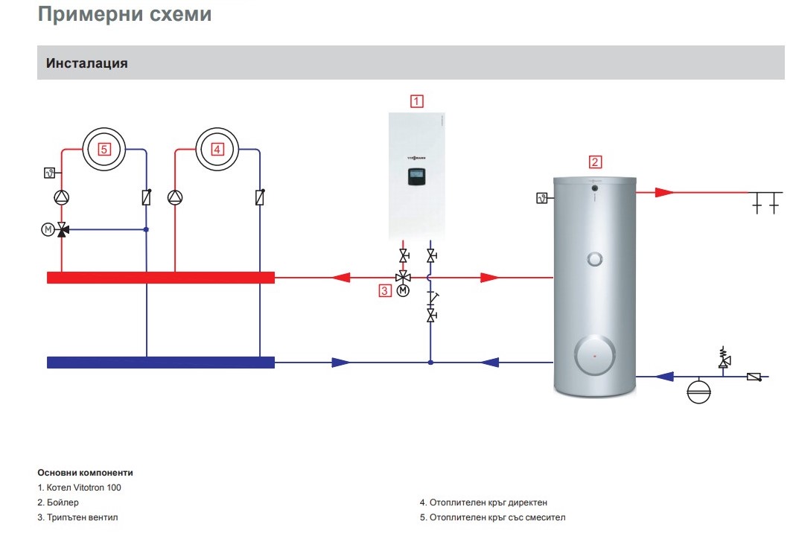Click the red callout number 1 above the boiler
coord(416,101)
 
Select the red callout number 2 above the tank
coord(595,162)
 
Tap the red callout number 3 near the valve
coord(385,291)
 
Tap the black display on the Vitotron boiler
coord(416,176)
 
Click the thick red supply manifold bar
coord(161,278)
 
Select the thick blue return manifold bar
coord(161,363)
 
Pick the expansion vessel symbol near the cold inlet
coord(698,392)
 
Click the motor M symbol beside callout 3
coord(403,290)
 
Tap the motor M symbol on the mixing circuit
coord(48,229)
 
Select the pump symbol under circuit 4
coord(175,197)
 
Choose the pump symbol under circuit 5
coord(61,197)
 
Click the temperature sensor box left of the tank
coord(541,198)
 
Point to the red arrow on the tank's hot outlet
coord(664,192)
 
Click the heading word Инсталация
coord(87,63)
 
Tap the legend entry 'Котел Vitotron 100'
coord(83,488)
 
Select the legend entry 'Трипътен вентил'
coord(82,517)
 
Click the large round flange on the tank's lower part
coord(594,355)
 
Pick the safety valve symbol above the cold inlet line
coord(724,358)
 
